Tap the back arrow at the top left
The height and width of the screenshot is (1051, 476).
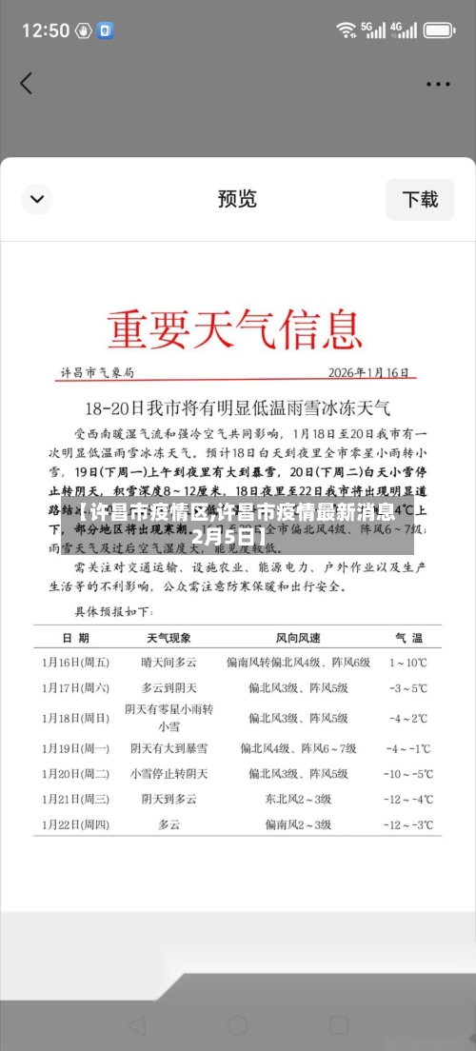(x=26, y=83)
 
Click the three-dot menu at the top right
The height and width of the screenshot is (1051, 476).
(x=438, y=83)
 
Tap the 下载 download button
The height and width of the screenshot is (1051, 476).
(x=420, y=199)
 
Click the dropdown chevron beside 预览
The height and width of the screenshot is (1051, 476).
(x=37, y=199)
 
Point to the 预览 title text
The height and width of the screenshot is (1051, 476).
(x=237, y=199)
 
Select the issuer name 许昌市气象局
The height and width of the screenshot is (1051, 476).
(x=98, y=372)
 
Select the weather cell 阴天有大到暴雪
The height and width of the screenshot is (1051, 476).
(x=169, y=748)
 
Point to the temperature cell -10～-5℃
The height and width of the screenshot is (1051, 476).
(x=408, y=774)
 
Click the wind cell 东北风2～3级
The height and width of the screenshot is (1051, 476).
(x=298, y=799)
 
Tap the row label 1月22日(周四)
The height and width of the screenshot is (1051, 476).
(x=75, y=824)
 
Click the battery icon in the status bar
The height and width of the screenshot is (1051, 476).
(x=439, y=30)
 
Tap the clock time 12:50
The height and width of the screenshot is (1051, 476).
(x=45, y=30)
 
